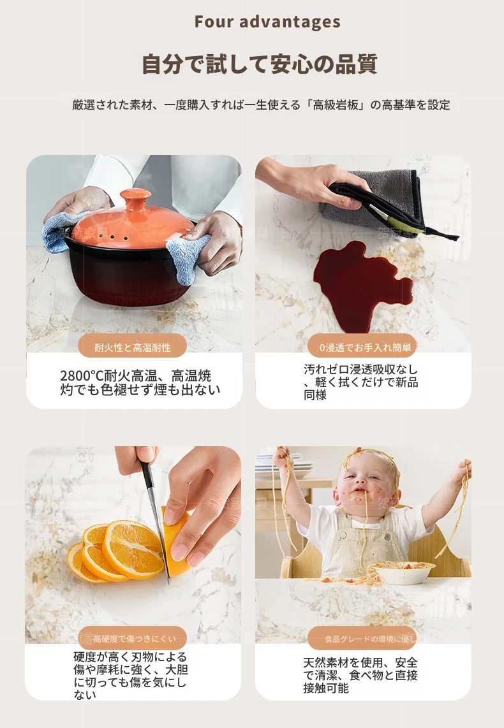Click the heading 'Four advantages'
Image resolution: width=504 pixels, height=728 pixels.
[267, 22]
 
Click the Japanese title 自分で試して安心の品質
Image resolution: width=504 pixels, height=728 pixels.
[259, 64]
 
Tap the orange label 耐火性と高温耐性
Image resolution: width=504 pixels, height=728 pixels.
[133, 347]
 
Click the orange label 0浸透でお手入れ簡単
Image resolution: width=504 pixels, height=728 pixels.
[362, 347]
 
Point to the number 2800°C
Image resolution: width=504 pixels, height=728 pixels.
[82, 375]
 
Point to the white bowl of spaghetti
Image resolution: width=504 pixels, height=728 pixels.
[403, 572]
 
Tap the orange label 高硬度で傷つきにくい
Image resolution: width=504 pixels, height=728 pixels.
[133, 639]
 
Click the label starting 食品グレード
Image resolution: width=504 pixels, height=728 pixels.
[362, 639]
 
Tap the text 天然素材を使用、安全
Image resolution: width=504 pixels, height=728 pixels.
[360, 662]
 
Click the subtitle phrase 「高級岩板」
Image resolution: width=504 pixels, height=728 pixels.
[336, 105]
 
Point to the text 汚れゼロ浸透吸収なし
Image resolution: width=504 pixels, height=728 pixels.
[361, 370]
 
